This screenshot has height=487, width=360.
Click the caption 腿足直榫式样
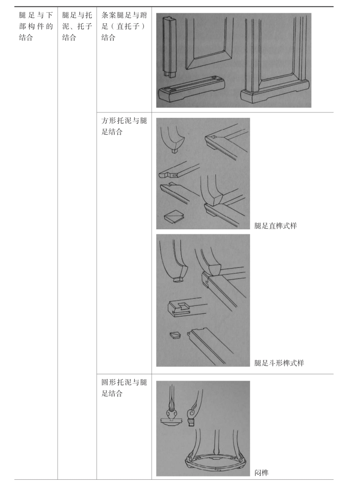(x=275, y=226)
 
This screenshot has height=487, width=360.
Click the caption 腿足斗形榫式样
(x=279, y=363)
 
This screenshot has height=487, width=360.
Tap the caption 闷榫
(x=261, y=473)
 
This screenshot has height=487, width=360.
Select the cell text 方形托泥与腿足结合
(x=124, y=126)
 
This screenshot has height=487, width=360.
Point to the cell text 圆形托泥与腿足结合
(x=124, y=387)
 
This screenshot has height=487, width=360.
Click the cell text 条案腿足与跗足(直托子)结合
(x=124, y=26)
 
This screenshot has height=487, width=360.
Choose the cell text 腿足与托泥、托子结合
(x=77, y=26)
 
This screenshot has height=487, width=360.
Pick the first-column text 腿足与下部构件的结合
(x=36, y=26)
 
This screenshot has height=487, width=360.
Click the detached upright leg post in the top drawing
(x=169, y=46)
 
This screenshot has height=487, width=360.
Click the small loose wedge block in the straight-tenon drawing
(x=174, y=217)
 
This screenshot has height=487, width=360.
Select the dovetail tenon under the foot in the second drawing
(x=178, y=280)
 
